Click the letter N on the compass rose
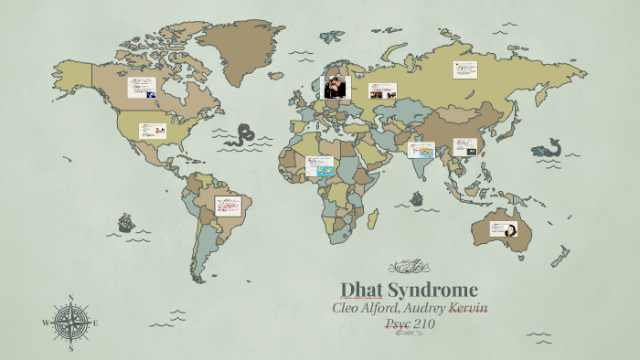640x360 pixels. (x=71, y=298)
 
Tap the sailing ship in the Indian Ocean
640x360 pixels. (x=417, y=197)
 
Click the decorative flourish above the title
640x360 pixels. (x=409, y=268)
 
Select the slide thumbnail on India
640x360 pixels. (x=420, y=150)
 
